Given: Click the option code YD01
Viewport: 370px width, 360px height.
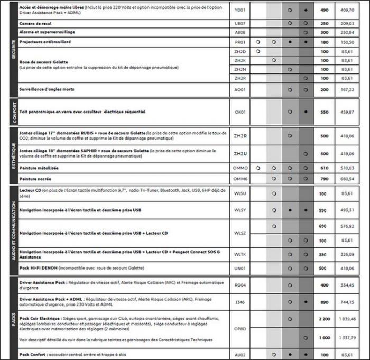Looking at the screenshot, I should click(x=240, y=10).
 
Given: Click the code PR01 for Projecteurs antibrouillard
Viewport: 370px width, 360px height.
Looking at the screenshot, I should click(x=240, y=41).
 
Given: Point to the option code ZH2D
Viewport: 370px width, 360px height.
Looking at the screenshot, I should click(x=240, y=51).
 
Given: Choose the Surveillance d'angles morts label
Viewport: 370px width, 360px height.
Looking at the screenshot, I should click(x=47, y=89).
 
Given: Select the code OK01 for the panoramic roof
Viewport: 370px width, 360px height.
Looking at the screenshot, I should click(x=240, y=112).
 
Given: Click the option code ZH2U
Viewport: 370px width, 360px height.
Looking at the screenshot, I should click(x=240, y=154).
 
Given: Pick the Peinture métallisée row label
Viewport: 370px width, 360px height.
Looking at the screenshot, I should click(x=39, y=168).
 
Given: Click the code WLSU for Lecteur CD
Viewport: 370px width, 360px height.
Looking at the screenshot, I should click(x=240, y=194).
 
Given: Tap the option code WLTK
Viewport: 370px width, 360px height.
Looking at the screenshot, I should click(x=240, y=254).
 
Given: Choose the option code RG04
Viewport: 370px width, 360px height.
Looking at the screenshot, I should click(x=240, y=285).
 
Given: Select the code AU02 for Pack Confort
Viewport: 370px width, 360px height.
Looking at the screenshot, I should click(x=240, y=354).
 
